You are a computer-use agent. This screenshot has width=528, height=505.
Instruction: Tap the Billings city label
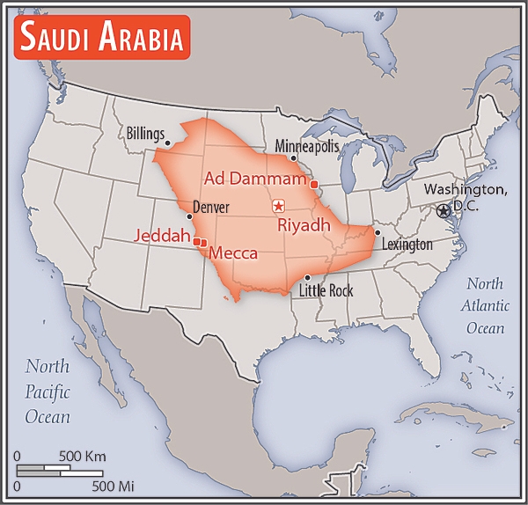pos(144,134)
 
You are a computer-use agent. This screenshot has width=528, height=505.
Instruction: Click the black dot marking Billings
pos(167,141)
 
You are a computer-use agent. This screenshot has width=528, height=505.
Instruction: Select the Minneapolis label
pos(306,145)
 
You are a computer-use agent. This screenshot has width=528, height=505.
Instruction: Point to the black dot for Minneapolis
pos(293,158)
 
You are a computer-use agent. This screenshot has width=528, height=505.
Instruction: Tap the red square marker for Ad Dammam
pos(313,185)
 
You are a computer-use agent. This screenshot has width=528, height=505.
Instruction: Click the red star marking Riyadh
pos(278,206)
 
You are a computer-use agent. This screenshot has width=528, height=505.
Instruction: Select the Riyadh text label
pos(304,225)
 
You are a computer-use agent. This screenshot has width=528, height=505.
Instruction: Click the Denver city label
pos(211,208)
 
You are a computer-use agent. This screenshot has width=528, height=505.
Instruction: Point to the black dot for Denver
pos(189,216)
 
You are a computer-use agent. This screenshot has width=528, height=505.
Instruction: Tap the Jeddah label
pos(162,236)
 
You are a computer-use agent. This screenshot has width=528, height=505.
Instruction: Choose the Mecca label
pos(233,253)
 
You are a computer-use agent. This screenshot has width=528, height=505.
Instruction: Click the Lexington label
pos(407,245)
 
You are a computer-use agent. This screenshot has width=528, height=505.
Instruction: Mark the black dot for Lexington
pos(377,233)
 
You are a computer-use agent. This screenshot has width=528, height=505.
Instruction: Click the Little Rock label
pos(326,290)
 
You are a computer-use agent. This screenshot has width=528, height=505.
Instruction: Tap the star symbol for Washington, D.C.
pos(444,210)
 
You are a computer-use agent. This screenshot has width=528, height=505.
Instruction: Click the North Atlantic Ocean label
pos(485,305)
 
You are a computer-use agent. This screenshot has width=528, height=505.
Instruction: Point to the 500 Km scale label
pos(83,457)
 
